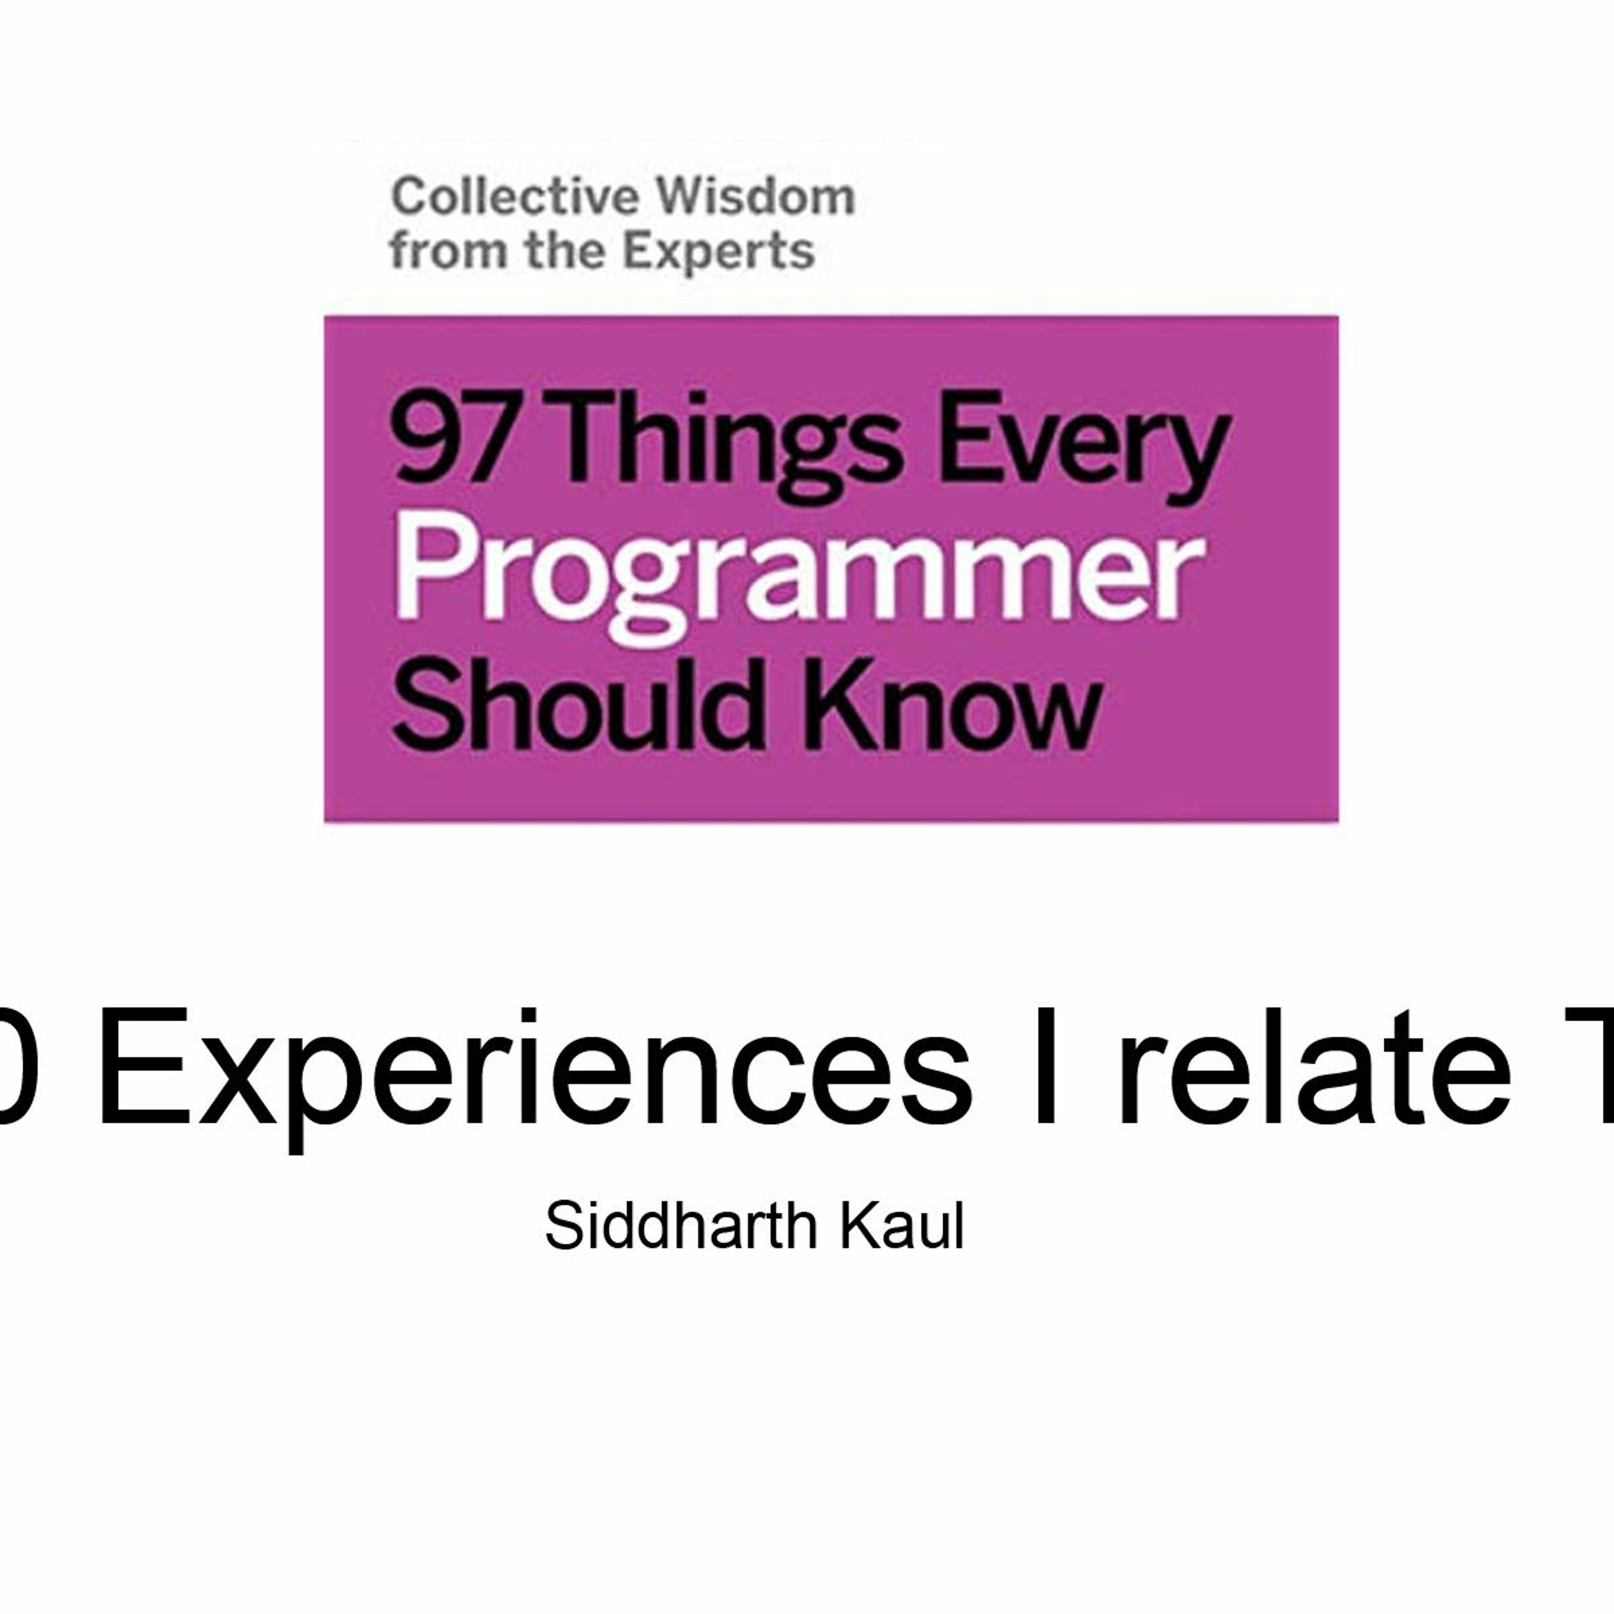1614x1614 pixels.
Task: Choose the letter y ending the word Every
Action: coord(1199,455)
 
